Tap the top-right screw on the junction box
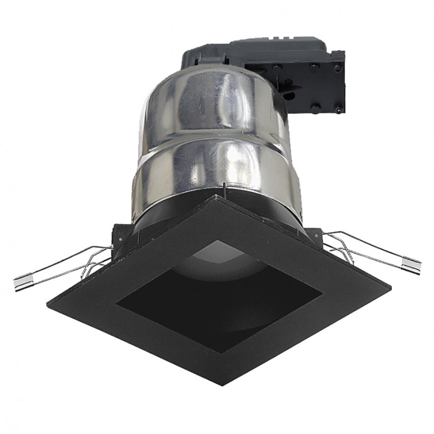(x=337, y=68)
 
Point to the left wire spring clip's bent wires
(x=93, y=263)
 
